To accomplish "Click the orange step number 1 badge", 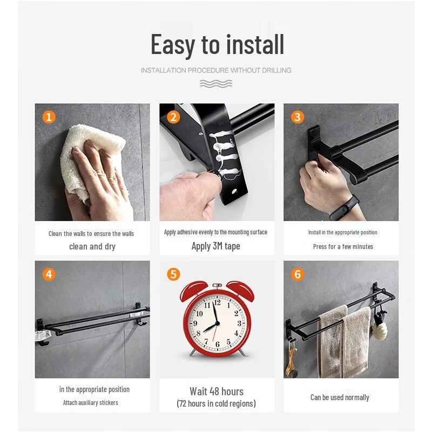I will click(x=49, y=117).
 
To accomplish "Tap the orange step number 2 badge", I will click(x=173, y=117).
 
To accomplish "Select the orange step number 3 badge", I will click(x=298, y=117).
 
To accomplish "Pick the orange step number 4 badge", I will click(x=49, y=274).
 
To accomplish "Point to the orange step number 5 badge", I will click(x=173, y=274).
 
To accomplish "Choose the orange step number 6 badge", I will click(x=298, y=274).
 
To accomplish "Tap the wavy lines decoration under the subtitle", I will click(x=216, y=83).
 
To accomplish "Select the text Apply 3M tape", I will click(x=216, y=246).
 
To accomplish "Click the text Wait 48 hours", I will click(x=216, y=391).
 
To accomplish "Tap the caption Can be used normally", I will click(x=340, y=397).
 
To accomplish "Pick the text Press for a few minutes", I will click(x=343, y=247).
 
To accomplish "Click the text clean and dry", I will click(x=92, y=247).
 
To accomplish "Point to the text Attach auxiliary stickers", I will click(x=90, y=403).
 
